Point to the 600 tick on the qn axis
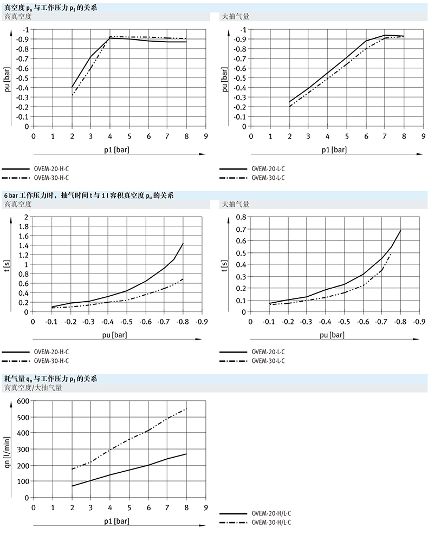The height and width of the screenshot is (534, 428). click(x=22, y=401)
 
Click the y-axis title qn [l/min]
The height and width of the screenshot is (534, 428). click(x=8, y=449)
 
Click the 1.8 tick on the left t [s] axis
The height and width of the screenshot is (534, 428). click(x=23, y=226)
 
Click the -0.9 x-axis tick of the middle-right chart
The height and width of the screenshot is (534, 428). click(x=419, y=322)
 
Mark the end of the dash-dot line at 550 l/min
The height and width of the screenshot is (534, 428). click(x=186, y=409)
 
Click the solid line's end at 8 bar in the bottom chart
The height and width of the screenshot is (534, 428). click(x=186, y=454)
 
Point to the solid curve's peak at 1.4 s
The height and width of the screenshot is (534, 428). click(x=183, y=244)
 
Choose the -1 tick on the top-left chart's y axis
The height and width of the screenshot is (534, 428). click(x=24, y=29)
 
